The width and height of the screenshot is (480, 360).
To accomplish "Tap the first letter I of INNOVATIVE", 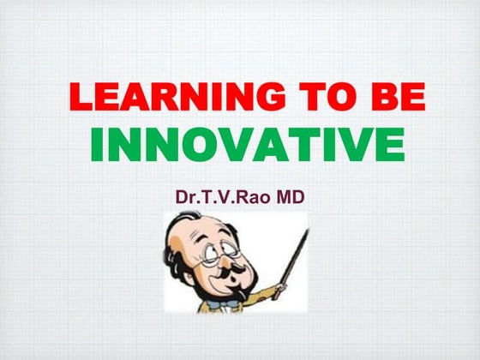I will (x=97, y=145).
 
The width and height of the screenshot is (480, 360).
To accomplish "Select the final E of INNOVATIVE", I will (x=390, y=145).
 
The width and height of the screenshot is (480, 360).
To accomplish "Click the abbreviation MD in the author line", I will (x=288, y=196).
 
